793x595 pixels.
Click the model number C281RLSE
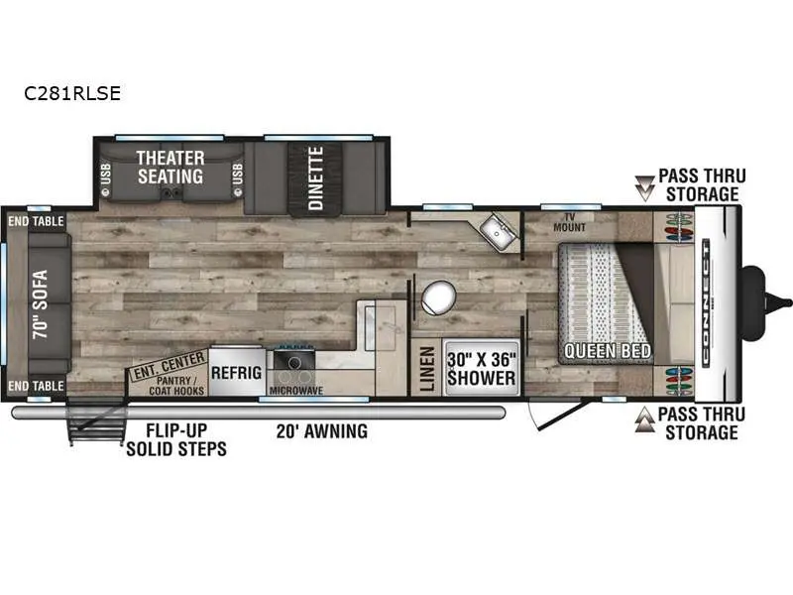point(72,93)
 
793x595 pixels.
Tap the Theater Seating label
point(170,168)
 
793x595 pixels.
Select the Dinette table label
point(315,178)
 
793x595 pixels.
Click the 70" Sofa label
point(40,304)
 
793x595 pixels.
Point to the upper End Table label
point(36,221)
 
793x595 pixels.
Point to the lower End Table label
point(36,386)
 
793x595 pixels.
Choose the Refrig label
point(236,373)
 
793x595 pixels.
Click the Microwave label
point(296,391)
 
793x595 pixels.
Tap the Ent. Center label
point(169,365)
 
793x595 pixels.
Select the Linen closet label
point(427,369)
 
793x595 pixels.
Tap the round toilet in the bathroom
point(438,297)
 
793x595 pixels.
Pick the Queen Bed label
point(608,351)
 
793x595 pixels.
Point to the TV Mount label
point(569,222)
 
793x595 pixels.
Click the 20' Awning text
point(321,431)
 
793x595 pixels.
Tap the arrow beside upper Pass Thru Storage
point(645,188)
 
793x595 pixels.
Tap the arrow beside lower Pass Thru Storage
point(645,420)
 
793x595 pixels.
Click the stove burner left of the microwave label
point(293,362)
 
